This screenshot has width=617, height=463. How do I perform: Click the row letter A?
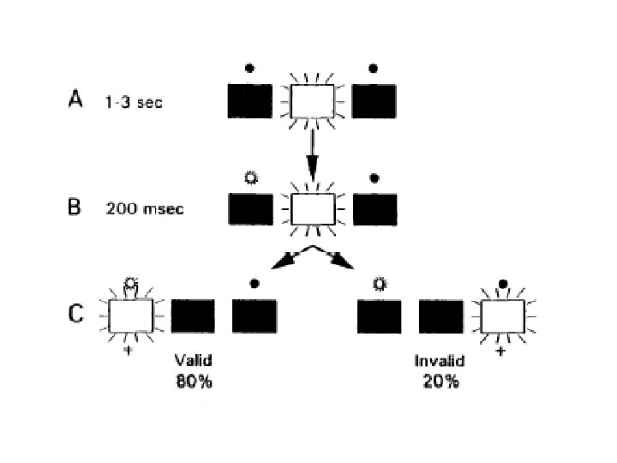pyautogui.click(x=75, y=100)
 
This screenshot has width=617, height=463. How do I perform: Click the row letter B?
pyautogui.click(x=75, y=207)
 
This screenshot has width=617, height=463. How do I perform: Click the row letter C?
pyautogui.click(x=75, y=314)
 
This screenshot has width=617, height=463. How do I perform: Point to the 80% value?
pyautogui.click(x=194, y=382)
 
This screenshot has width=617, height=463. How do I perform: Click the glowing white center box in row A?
pyautogui.click(x=313, y=101)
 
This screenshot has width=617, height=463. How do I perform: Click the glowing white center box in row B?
pyautogui.click(x=313, y=208)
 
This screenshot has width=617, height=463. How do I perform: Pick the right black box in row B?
pyautogui.click(x=375, y=208)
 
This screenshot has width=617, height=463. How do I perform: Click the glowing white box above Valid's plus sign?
pyautogui.click(x=131, y=315)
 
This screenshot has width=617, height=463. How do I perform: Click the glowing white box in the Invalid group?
pyautogui.click(x=504, y=315)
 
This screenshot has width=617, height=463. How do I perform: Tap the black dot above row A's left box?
pyautogui.click(x=249, y=68)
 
